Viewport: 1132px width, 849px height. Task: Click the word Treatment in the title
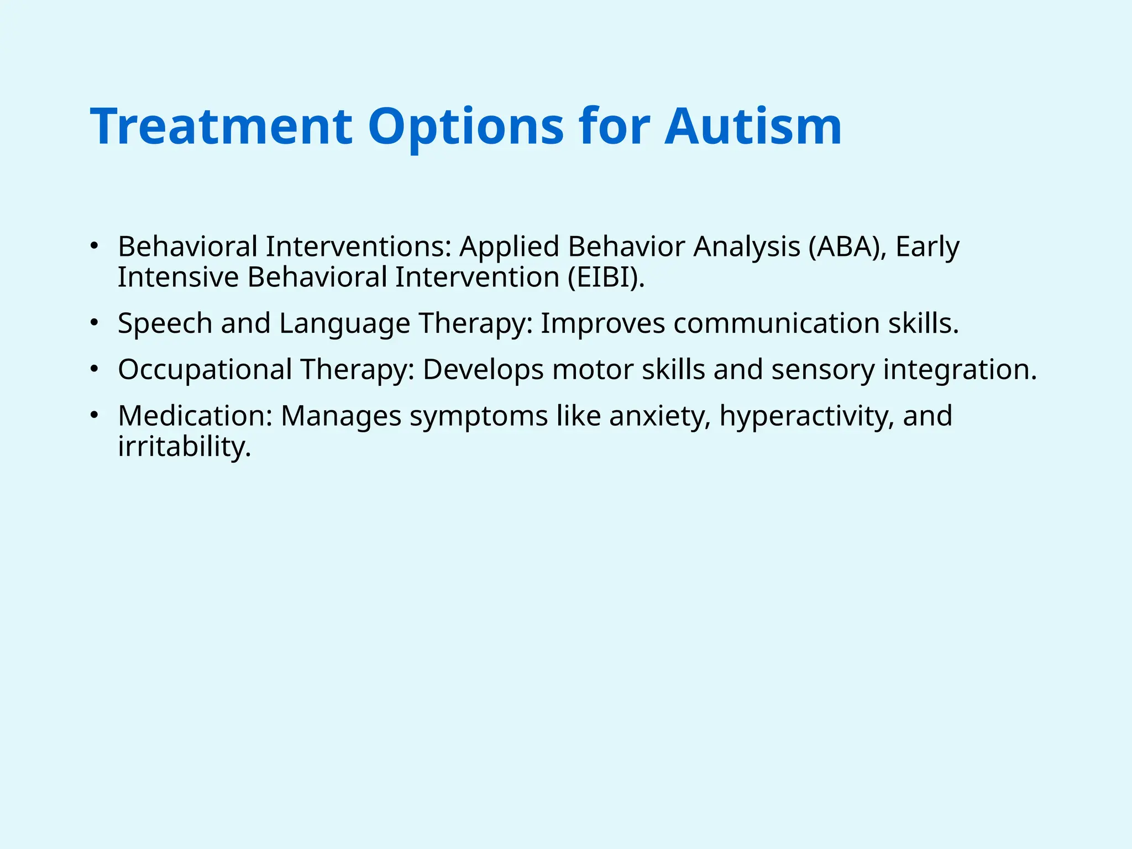tap(221, 127)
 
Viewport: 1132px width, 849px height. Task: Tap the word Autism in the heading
tap(753, 127)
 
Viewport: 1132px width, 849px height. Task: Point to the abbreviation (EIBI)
tap(606, 277)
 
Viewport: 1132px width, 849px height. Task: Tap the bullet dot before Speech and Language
tap(95, 322)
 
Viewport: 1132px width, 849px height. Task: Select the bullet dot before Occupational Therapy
tap(95, 368)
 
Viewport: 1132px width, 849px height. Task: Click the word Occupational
tap(205, 370)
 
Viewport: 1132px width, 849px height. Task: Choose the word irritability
tap(184, 447)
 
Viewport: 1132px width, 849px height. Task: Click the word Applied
tap(509, 248)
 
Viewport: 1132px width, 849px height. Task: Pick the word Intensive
tap(178, 277)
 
